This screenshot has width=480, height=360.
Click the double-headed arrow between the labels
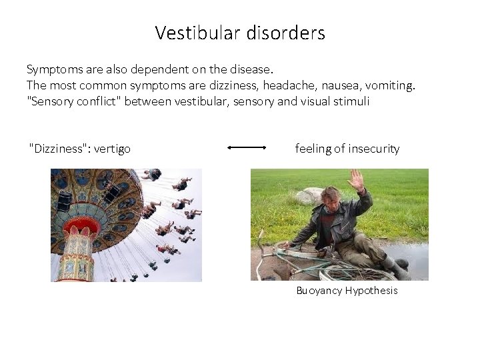247,148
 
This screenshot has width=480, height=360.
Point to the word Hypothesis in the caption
371,291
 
